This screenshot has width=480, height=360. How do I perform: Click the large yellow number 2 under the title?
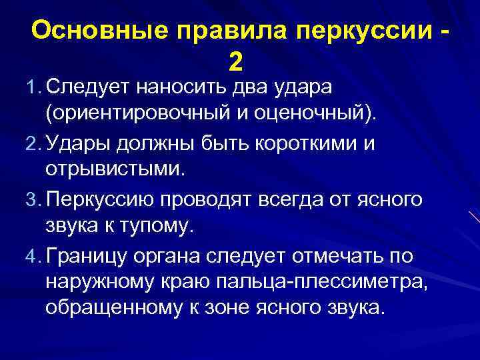click(x=235, y=63)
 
